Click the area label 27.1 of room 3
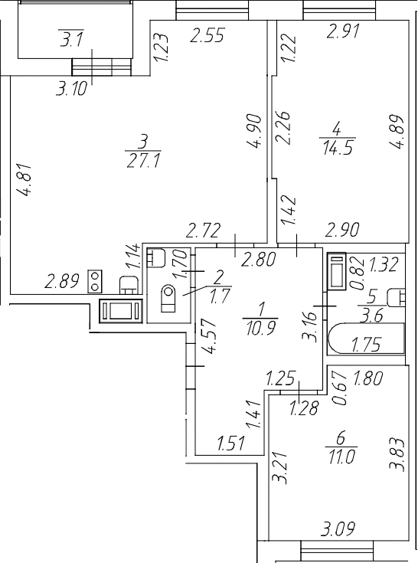pyautogui.click(x=143, y=161)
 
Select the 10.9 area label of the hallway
pyautogui.click(x=261, y=328)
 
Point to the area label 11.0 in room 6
pyautogui.click(x=341, y=457)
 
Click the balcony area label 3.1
pyautogui.click(x=71, y=39)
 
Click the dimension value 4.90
pyautogui.click(x=254, y=131)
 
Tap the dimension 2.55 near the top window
pyautogui.click(x=207, y=35)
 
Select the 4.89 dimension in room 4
pyautogui.click(x=397, y=131)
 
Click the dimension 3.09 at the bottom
pyautogui.click(x=338, y=529)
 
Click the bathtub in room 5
pyautogui.click(x=366, y=339)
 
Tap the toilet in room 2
pyautogui.click(x=168, y=298)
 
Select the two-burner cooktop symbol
pyautogui.click(x=95, y=281)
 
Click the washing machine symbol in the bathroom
pyautogui.click(x=337, y=271)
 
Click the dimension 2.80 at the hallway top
pyautogui.click(x=259, y=259)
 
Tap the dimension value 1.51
pyautogui.click(x=231, y=443)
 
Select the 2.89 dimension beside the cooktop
pyautogui.click(x=62, y=282)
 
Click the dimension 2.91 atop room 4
pyautogui.click(x=343, y=31)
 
